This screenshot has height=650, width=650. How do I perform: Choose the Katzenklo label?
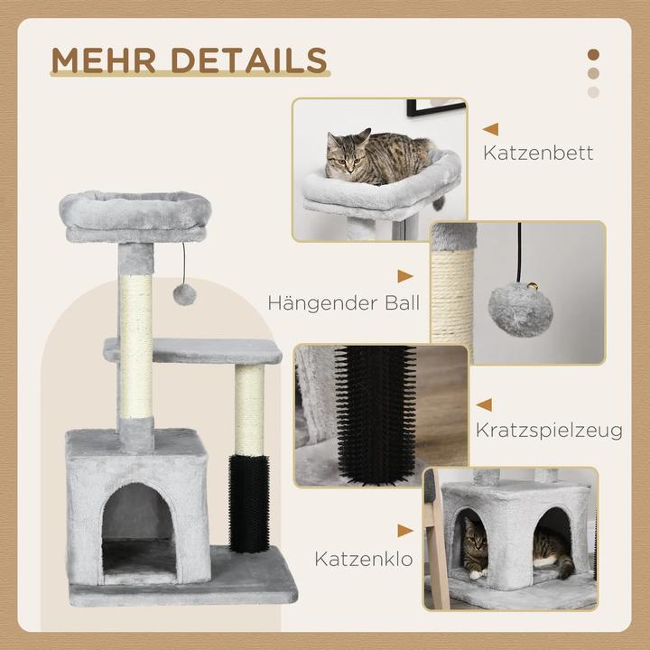pyautogui.click(x=364, y=559)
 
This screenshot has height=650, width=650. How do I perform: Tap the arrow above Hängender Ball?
pyautogui.click(x=405, y=276)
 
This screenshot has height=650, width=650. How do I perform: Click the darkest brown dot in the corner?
pyautogui.click(x=593, y=53)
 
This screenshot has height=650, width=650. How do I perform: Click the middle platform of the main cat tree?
pyautogui.click(x=190, y=349)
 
